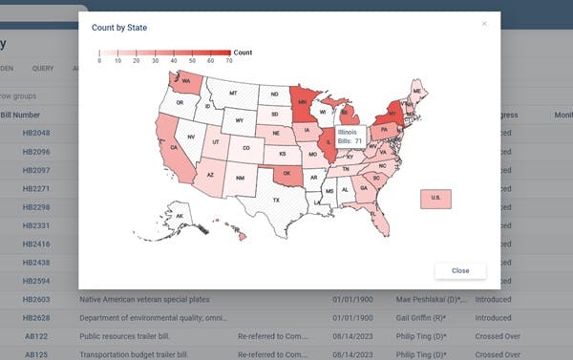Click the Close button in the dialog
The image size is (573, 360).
(x=460, y=270)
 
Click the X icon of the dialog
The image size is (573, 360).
(x=484, y=23)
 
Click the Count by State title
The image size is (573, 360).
(x=119, y=29)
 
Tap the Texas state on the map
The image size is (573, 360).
(x=276, y=201)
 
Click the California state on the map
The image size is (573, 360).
(x=174, y=150)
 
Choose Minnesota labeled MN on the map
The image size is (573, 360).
(x=303, y=103)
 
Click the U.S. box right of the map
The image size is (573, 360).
(x=435, y=199)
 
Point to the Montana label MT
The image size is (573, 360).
(x=232, y=94)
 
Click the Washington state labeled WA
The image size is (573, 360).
(x=185, y=82)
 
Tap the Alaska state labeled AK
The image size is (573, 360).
(x=180, y=218)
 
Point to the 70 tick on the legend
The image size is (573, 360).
(x=229, y=60)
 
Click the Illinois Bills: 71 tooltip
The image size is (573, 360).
(x=350, y=136)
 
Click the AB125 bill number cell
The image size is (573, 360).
(x=37, y=353)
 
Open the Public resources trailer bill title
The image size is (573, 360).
(x=127, y=335)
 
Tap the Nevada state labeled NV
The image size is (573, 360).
(x=191, y=137)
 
